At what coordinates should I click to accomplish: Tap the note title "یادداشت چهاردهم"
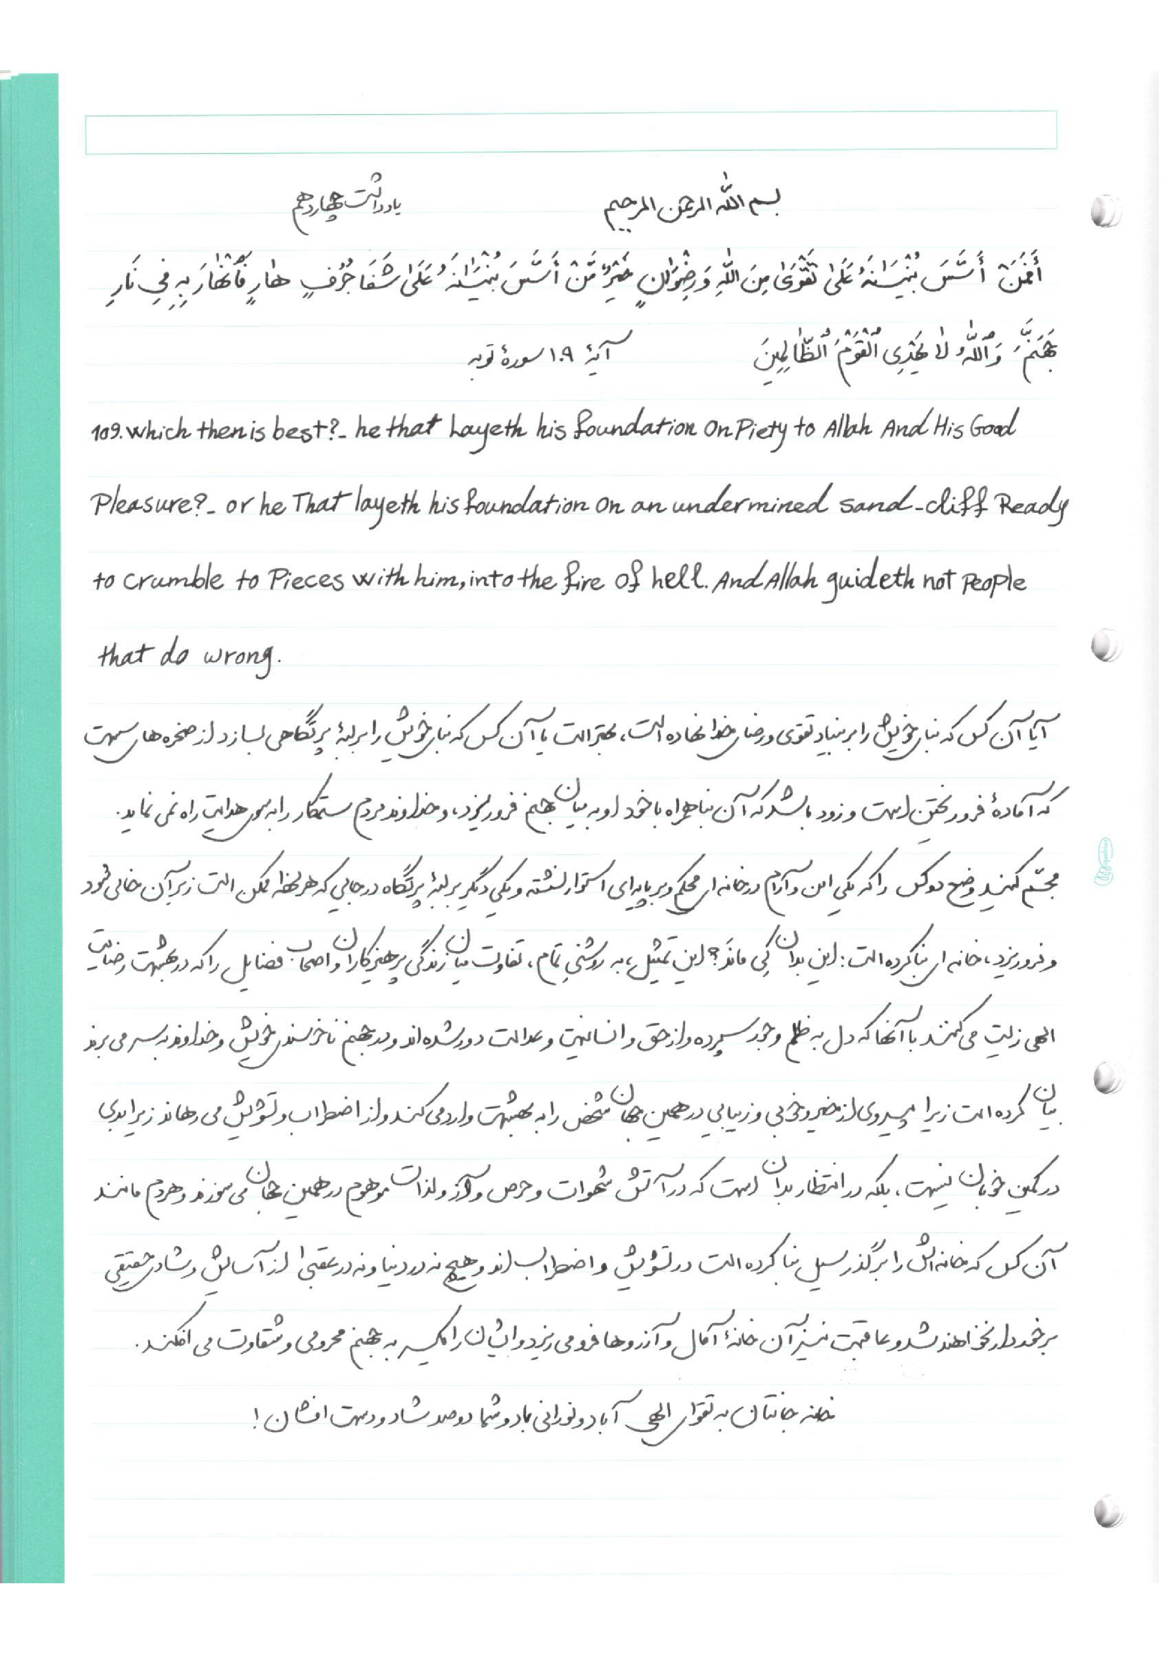[x=344, y=210]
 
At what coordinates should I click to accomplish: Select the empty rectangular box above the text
[x=570, y=132]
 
